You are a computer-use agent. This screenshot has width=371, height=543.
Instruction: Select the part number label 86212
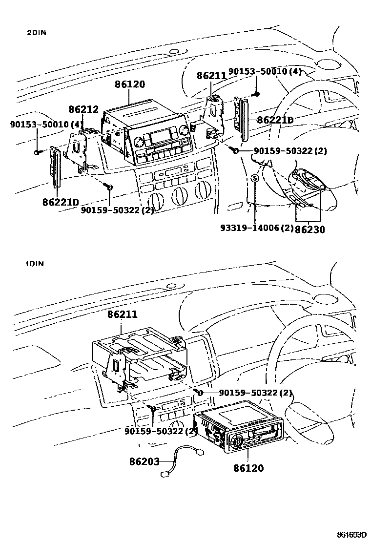pyautogui.click(x=83, y=109)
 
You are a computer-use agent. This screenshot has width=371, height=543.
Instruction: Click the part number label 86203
pyautogui.click(x=144, y=460)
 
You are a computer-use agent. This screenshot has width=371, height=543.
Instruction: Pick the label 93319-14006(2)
pyautogui.click(x=256, y=228)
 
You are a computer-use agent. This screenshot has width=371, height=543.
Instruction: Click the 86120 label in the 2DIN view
pyautogui.click(x=130, y=84)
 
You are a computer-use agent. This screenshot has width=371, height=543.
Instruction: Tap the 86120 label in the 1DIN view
pyautogui.click(x=248, y=468)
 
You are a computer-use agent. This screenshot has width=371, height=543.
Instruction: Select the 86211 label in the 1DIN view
pyautogui.click(x=123, y=316)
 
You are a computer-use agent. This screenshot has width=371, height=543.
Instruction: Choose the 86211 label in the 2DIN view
pyautogui.click(x=211, y=76)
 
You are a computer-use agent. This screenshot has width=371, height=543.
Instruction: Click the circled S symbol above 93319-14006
pyautogui.click(x=254, y=178)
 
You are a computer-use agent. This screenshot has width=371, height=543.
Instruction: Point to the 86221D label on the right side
pyautogui.click(x=275, y=120)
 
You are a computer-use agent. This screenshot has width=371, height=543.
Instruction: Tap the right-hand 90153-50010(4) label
pyautogui.click(x=265, y=72)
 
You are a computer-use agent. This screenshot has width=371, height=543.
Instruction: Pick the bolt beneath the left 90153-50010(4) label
pyautogui.click(x=38, y=152)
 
